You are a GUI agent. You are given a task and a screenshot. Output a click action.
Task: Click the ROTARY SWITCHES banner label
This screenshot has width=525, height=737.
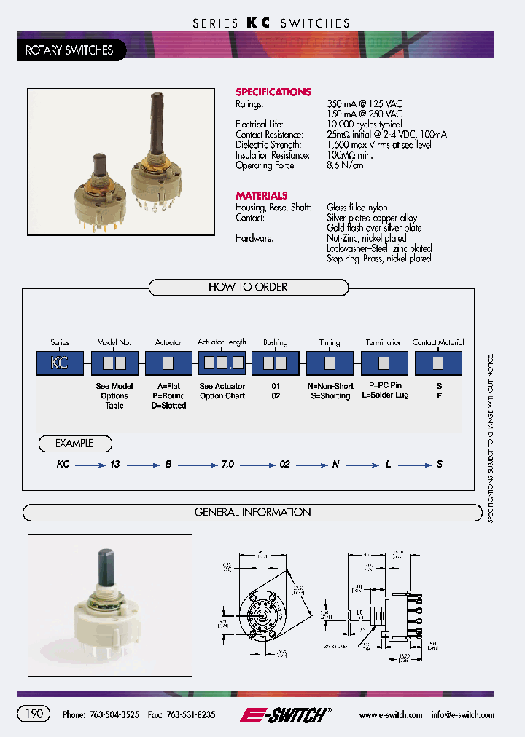(69, 50)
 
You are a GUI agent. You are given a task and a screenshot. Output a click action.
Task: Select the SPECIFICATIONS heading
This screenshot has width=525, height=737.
(273, 92)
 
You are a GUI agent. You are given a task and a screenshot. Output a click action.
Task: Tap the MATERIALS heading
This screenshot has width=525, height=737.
(262, 195)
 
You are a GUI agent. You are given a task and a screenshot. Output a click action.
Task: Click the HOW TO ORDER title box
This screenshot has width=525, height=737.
(248, 287)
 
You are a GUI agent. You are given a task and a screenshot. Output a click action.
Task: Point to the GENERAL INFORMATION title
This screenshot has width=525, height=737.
(252, 512)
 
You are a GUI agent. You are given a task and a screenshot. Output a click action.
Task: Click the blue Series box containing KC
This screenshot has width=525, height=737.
(60, 363)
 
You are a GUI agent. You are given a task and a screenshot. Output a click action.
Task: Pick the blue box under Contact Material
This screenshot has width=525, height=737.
(438, 363)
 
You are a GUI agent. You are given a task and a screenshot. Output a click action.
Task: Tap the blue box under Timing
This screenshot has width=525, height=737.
(330, 363)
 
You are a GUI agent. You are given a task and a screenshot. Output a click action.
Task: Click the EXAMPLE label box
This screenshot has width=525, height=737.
(75, 443)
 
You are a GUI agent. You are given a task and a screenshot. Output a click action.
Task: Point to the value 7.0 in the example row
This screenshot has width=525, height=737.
(227, 464)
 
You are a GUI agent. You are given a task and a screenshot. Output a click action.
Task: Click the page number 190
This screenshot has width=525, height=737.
(34, 714)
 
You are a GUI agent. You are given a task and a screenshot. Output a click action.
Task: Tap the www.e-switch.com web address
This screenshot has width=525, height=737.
(391, 715)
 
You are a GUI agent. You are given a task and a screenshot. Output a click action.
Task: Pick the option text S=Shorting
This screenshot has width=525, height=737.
(330, 396)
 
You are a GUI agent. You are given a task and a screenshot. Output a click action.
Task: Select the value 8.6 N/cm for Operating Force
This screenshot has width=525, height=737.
(345, 165)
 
